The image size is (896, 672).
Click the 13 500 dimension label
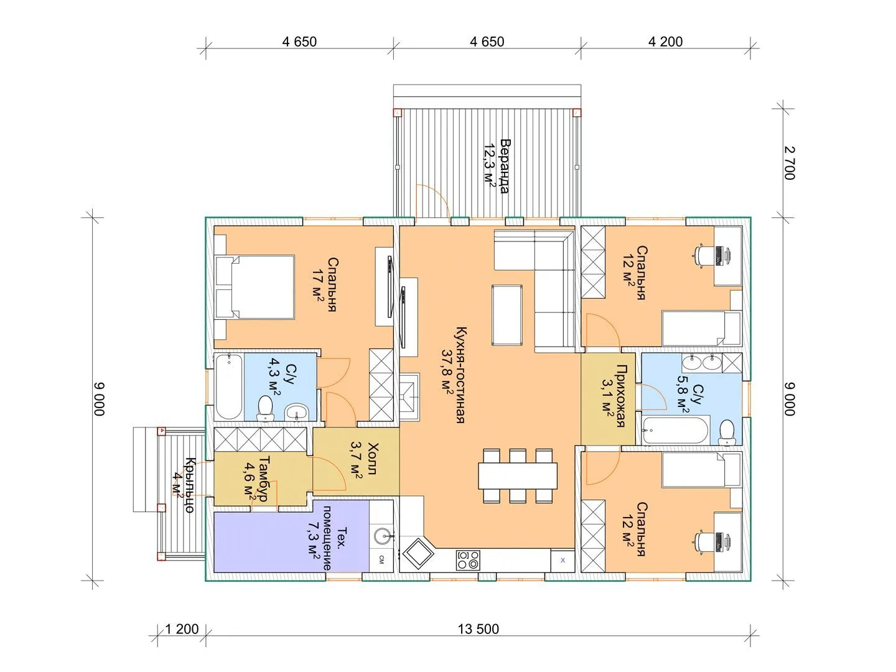(478, 629)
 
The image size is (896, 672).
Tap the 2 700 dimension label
(790, 163)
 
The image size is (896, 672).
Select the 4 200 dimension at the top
(665, 42)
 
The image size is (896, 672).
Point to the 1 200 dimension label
(182, 629)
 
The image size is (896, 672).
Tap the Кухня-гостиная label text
(460, 375)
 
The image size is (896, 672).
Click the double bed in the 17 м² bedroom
(254, 287)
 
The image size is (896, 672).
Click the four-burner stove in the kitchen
(468, 560)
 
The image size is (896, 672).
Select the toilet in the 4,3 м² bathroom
(265, 408)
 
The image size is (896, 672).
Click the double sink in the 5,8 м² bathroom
(702, 362)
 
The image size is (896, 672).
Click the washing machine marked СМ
(381, 559)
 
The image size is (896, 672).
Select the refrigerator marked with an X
(562, 560)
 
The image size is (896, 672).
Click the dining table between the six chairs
(518, 476)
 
